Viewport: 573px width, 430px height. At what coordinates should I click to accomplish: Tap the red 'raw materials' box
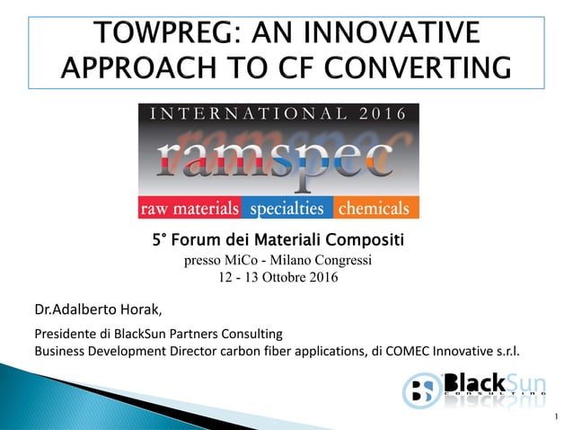(x=190, y=209)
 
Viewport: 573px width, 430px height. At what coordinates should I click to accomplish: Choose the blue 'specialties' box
(x=286, y=209)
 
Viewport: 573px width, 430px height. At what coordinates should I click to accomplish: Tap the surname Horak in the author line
(x=142, y=311)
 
